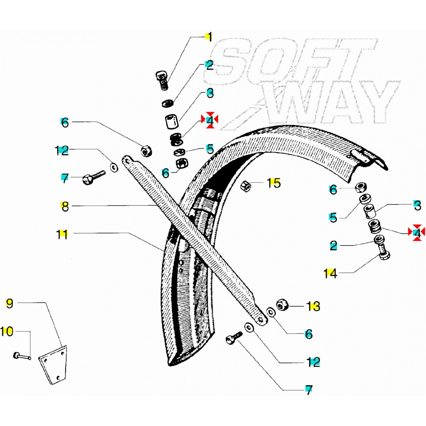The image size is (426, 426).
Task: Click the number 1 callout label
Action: (x=209, y=38)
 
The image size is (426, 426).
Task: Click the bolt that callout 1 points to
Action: (x=162, y=79)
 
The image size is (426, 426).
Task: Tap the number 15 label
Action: (x=275, y=183)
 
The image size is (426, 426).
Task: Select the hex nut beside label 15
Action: (x=247, y=186)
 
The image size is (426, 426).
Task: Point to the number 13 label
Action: (x=314, y=306)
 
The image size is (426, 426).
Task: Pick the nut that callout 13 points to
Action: (x=282, y=305)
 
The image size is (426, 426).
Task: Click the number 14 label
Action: (x=330, y=274)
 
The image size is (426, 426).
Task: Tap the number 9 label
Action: (x=9, y=303)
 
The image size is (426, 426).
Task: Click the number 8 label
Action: (x=65, y=206)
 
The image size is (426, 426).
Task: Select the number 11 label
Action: (x=63, y=234)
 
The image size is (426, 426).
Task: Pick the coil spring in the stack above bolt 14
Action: (x=374, y=226)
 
